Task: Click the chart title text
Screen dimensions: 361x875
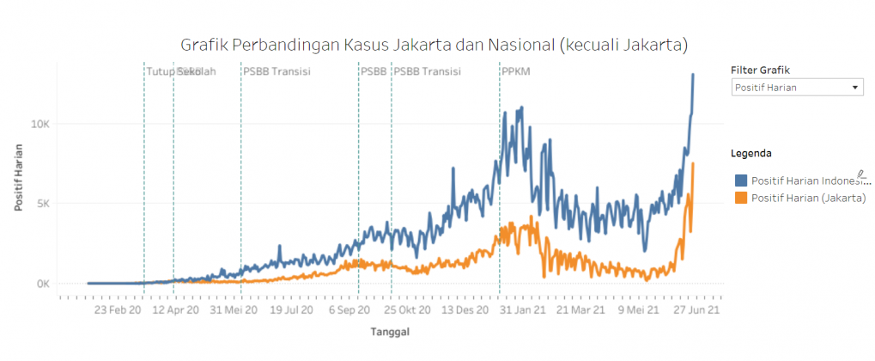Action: point(434,44)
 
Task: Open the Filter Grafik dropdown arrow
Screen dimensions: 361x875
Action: point(855,88)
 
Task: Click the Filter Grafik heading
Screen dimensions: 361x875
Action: point(760,70)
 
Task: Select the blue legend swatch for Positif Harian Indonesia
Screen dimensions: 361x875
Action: point(741,180)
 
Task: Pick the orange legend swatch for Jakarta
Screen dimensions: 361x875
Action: point(741,198)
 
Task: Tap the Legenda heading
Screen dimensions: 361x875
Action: point(750,153)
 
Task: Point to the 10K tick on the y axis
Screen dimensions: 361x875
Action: point(41,124)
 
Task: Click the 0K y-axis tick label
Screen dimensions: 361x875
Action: point(44,284)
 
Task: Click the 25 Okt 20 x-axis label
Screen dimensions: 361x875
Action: point(406,309)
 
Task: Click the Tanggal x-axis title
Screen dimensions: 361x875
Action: point(389,331)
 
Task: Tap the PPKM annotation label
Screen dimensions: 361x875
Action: point(515,71)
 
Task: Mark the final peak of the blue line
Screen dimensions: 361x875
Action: point(693,75)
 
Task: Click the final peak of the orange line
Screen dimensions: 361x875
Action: point(692,163)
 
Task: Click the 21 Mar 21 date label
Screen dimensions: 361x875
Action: point(581,309)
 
